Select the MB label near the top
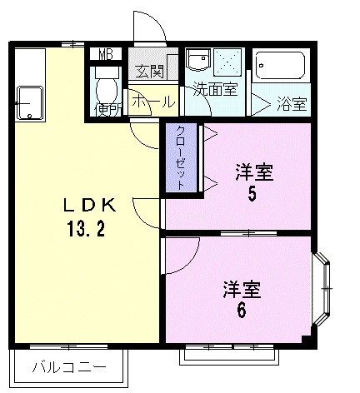click(105, 55)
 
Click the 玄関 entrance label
click(150, 71)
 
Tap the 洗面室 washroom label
click(215, 88)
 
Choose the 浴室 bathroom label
click(292, 104)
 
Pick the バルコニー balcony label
click(69, 366)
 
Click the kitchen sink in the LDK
click(30, 102)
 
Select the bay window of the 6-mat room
click(324, 289)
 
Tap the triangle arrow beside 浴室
click(261, 104)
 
